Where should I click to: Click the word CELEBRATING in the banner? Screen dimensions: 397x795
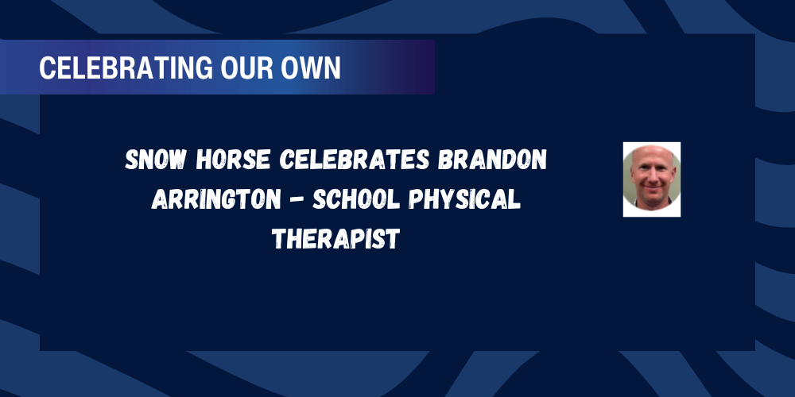click(x=116, y=68)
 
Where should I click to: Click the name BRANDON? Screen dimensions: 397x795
click(x=494, y=161)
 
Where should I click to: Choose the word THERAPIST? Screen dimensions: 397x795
click(x=334, y=237)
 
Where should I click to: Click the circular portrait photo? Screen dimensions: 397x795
click(x=652, y=179)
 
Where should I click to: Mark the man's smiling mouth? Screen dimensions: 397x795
click(x=652, y=191)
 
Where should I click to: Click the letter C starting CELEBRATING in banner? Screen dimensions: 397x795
click(x=45, y=68)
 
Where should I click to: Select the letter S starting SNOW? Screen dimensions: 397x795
click(x=132, y=161)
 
